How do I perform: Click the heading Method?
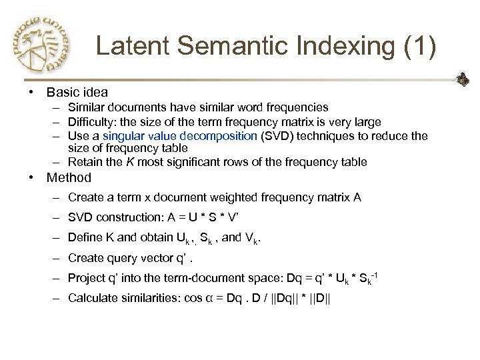(69, 178)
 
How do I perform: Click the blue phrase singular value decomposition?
(180, 136)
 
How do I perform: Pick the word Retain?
(83, 162)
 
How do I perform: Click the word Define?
(84, 238)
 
